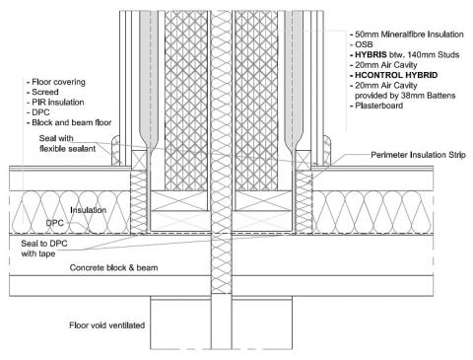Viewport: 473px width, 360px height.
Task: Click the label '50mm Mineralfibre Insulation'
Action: pos(407,36)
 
